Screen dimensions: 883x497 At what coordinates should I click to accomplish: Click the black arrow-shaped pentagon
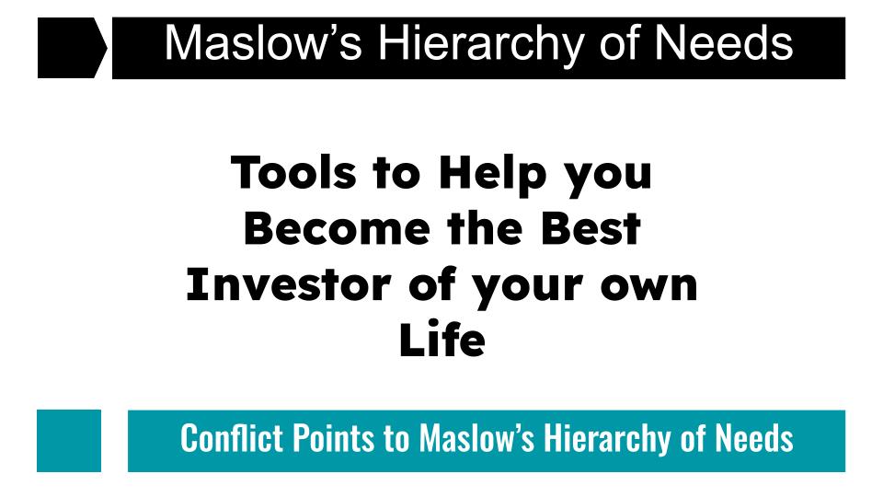pos(71,48)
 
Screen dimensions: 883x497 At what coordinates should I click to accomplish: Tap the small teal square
pos(69,441)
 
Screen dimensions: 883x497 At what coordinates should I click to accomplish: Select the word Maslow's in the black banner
pos(263,43)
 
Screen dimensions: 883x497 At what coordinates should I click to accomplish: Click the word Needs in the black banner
pos(724,43)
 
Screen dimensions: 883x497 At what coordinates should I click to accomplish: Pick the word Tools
pos(293,172)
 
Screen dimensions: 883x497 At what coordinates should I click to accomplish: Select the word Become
pos(337,229)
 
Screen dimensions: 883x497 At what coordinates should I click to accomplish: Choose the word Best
pos(591,229)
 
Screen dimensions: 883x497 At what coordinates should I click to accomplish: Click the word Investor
pos(288,285)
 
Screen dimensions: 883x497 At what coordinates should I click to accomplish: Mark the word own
pos(648,288)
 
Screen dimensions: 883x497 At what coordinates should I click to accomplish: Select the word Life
pos(442,340)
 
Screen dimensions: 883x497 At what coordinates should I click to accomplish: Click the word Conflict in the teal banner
pos(232,438)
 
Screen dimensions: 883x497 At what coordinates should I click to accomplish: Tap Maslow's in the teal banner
pos(476,438)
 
